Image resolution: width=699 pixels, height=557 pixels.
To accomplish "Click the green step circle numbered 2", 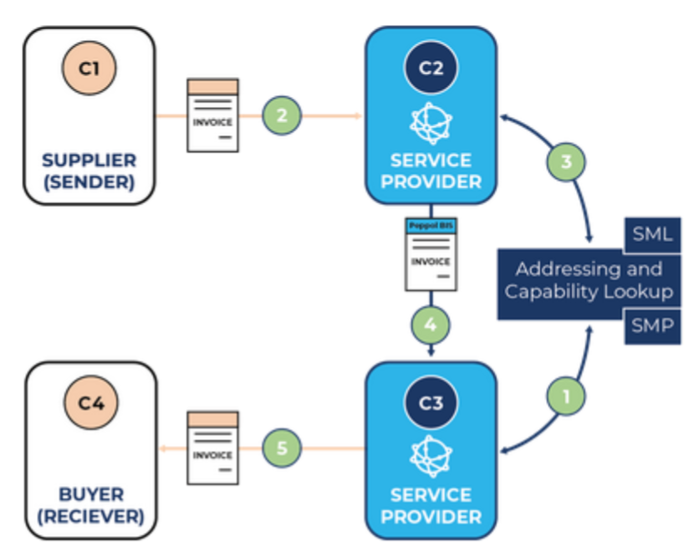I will coord(282,116).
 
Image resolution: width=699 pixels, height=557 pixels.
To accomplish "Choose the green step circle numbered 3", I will coord(566,161).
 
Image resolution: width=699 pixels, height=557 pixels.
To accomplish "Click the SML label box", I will coord(653,234).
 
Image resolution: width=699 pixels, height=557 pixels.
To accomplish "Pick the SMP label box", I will coord(653,325).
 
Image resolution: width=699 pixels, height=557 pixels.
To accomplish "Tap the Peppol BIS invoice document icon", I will coord(431,254).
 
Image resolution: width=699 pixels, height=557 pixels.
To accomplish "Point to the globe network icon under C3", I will coord(431,454).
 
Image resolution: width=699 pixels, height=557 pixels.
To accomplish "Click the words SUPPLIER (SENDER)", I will coord(89,171).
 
